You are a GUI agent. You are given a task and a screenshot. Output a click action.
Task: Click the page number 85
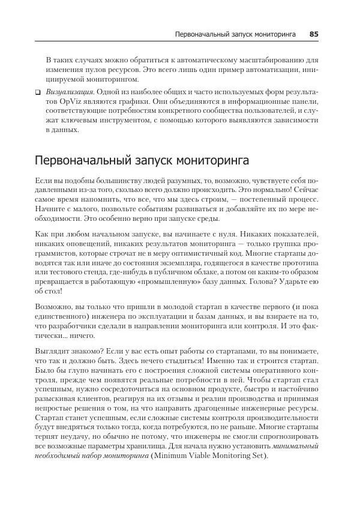pyautogui.click(x=313, y=34)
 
